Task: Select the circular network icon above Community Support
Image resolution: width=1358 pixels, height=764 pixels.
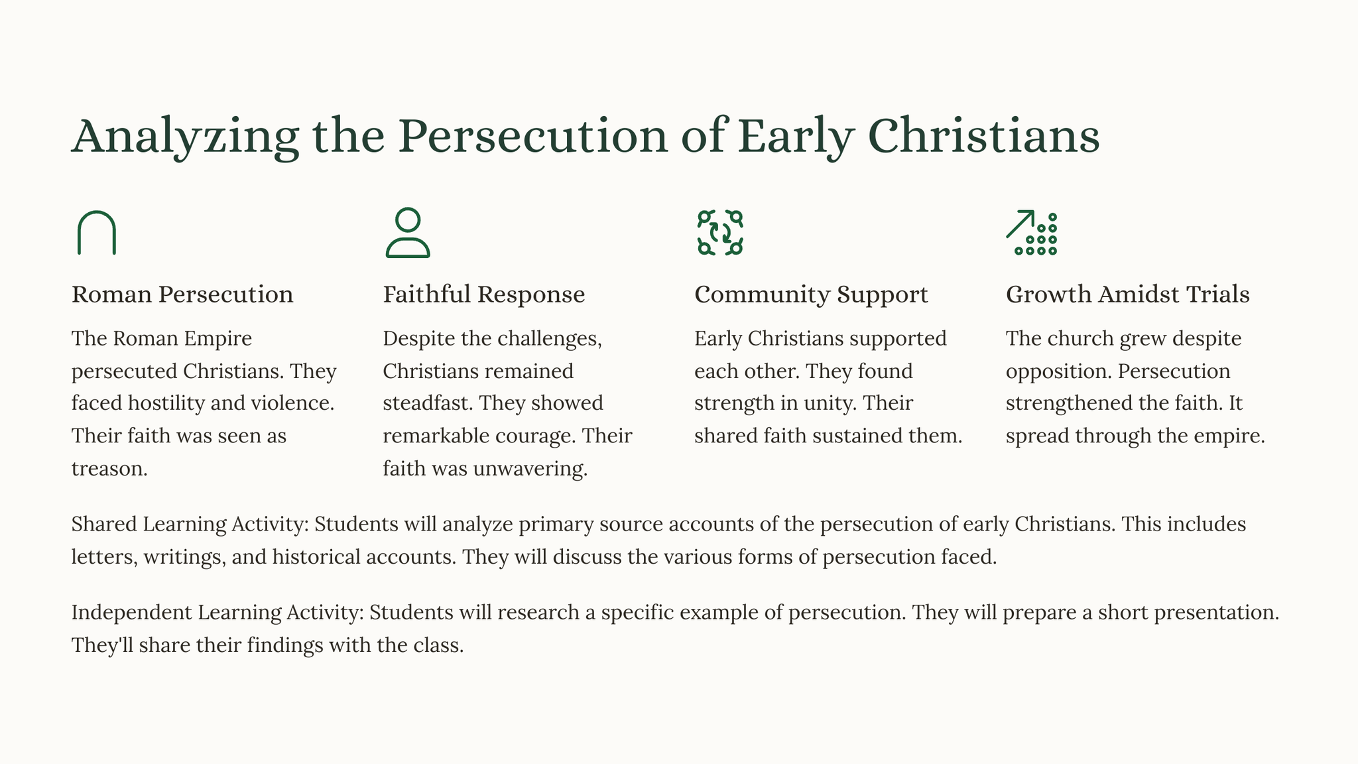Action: click(720, 233)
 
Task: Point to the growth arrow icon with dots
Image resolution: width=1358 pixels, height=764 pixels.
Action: click(1031, 233)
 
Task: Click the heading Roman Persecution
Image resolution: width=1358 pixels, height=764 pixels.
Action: click(182, 294)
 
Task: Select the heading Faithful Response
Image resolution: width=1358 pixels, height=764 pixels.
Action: click(484, 294)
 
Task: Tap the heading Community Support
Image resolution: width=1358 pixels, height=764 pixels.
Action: click(811, 294)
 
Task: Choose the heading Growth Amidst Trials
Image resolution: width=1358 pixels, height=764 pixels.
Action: click(1127, 294)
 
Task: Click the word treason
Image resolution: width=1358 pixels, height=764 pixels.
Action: click(109, 469)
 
